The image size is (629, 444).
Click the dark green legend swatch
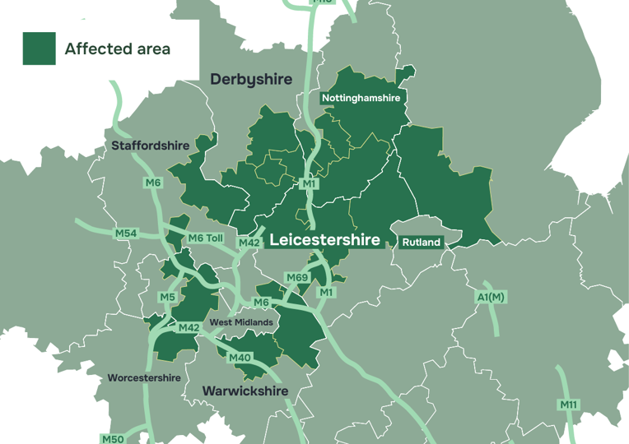(39, 49)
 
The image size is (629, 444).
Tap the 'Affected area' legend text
(118, 49)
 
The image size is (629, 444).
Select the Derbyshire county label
(251, 79)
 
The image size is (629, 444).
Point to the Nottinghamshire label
(361, 98)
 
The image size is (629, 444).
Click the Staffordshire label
(151, 146)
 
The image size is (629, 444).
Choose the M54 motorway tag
(126, 234)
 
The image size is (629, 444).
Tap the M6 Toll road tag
(206, 238)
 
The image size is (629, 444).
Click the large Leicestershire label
(325, 240)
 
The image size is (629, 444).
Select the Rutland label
(422, 243)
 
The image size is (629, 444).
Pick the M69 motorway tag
(297, 278)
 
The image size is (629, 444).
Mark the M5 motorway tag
(168, 297)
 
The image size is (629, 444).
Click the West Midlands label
(241, 322)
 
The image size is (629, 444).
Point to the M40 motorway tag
(240, 358)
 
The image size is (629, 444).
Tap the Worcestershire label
(144, 378)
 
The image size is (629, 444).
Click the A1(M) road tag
(491, 297)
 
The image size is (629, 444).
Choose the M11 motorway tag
(569, 405)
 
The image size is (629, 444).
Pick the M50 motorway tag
(113, 439)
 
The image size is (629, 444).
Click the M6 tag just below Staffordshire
(152, 183)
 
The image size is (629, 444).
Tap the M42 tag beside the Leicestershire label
(249, 243)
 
